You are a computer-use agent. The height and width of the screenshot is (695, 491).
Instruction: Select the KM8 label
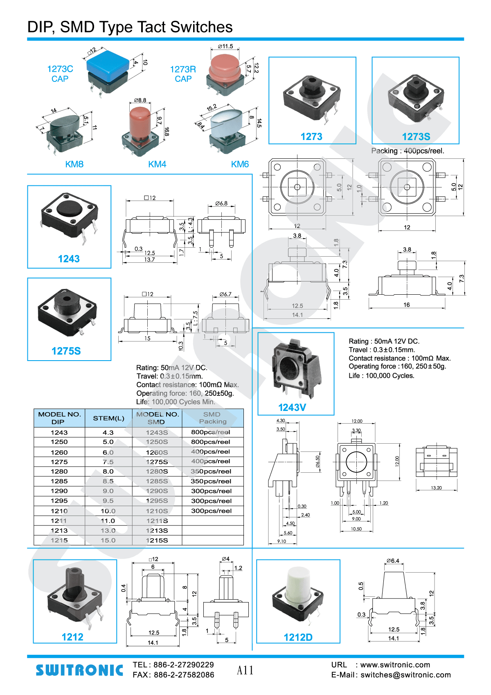[x=74, y=165]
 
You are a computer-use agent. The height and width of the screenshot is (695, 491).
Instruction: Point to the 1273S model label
[x=416, y=137]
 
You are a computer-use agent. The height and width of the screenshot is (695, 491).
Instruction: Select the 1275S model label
[x=66, y=351]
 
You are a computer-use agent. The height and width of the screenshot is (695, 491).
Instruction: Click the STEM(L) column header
[x=108, y=418]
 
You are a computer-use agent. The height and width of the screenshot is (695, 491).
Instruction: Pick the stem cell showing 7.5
[x=108, y=462]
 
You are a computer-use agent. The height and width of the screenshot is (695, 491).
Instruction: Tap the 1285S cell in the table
[x=157, y=481]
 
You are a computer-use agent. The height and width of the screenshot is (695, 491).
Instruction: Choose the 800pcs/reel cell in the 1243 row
[x=211, y=432]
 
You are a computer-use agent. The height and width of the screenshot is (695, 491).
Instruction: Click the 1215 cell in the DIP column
[x=59, y=540]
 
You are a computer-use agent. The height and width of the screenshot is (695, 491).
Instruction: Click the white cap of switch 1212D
[x=298, y=583]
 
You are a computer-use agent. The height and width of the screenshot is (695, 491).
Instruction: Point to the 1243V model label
[x=292, y=408]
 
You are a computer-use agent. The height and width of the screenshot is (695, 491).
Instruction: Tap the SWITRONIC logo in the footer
[x=79, y=670]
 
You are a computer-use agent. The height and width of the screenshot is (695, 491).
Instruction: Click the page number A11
[x=245, y=670]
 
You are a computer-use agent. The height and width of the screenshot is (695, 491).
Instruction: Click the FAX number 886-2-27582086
[x=184, y=675]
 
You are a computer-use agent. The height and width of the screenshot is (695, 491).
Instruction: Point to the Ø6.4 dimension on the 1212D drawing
[x=393, y=561]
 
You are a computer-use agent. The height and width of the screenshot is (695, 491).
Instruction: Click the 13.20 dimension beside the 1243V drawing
[x=436, y=488]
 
